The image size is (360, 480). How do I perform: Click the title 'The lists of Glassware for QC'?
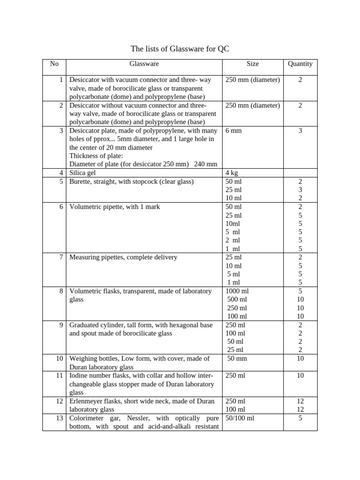point(180,49)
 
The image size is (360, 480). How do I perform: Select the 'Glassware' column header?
point(144,64)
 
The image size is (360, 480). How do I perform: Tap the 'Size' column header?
point(252,64)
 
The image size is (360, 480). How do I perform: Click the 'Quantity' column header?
point(300,64)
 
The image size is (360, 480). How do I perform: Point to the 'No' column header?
point(54,64)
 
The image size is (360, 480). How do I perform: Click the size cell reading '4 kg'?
point(232,173)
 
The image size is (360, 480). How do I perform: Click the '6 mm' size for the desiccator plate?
point(233,131)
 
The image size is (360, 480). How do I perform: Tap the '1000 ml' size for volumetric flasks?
point(237,291)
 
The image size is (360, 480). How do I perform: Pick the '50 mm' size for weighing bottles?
point(237,359)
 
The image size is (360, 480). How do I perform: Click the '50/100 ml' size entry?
point(240,418)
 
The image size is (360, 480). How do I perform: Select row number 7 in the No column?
point(61,257)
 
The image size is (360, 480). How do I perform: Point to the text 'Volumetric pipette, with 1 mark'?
point(114,207)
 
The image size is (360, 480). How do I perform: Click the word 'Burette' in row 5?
point(80,181)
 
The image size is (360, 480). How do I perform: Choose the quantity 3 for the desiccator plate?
point(300,131)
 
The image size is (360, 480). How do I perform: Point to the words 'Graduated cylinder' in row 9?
point(97,325)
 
